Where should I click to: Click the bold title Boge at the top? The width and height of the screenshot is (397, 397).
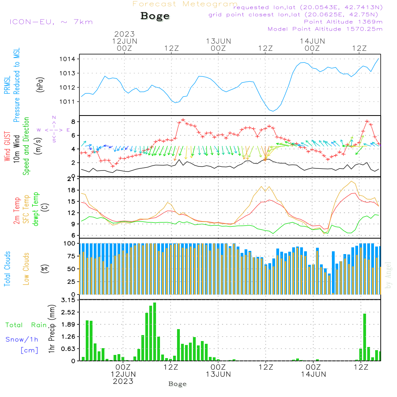[x=155, y=16]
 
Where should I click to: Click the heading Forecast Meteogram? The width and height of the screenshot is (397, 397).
[x=185, y=4]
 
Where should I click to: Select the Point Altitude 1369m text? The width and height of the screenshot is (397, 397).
[x=343, y=21]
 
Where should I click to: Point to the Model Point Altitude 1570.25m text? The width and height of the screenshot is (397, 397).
[x=325, y=29]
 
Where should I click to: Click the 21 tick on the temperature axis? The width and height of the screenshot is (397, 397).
[x=71, y=179]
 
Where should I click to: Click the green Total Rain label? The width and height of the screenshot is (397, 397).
[x=26, y=325]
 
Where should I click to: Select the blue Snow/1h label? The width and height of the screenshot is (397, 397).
[x=22, y=339]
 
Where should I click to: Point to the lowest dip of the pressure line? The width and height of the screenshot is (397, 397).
[x=272, y=111]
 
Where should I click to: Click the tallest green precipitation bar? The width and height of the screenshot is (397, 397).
[x=154, y=331]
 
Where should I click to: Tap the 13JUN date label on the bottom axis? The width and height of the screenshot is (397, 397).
[x=218, y=374]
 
